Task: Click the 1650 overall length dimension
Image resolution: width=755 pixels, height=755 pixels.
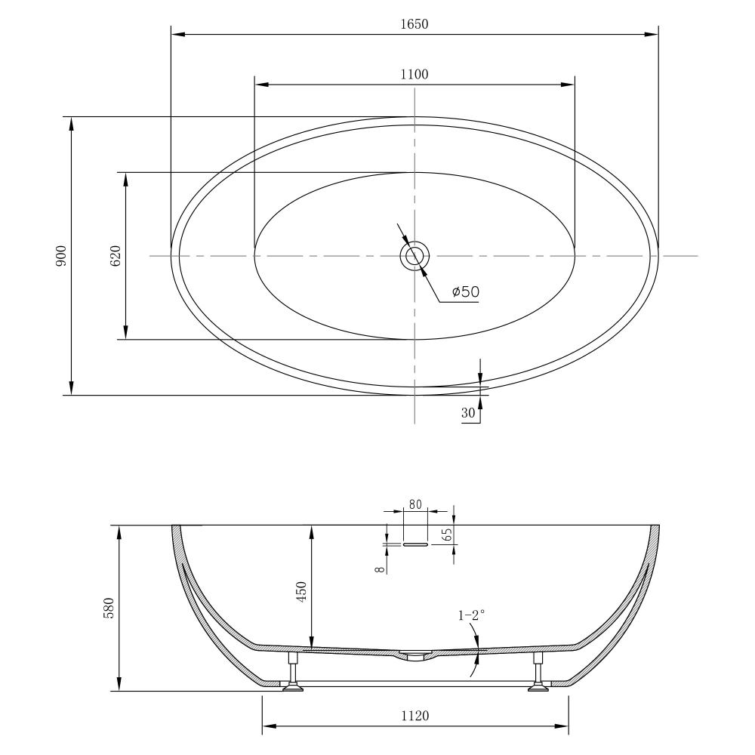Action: click(414, 23)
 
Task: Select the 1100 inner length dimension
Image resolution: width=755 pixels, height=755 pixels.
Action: click(414, 74)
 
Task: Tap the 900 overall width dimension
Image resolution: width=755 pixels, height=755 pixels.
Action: click(61, 256)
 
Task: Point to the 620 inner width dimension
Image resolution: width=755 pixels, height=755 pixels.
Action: click(116, 256)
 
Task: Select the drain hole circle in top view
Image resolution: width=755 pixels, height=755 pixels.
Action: click(414, 256)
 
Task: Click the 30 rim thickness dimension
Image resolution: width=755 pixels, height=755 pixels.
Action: click(467, 413)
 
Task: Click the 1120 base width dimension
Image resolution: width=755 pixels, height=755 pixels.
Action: click(414, 716)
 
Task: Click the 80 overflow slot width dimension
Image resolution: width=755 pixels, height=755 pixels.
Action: click(415, 504)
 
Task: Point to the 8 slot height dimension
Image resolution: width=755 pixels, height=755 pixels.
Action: click(377, 563)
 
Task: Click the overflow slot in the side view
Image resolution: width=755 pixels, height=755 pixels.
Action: click(415, 544)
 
